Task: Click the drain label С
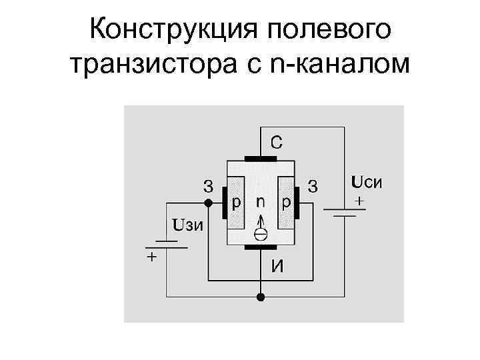click(x=275, y=141)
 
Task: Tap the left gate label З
click(x=209, y=185)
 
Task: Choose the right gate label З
click(x=313, y=185)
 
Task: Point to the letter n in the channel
click(x=261, y=201)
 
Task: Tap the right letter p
click(x=285, y=201)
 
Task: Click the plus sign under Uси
click(x=361, y=199)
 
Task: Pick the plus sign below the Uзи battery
click(x=152, y=257)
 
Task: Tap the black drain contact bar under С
click(x=261, y=159)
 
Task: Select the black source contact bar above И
click(x=261, y=247)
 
